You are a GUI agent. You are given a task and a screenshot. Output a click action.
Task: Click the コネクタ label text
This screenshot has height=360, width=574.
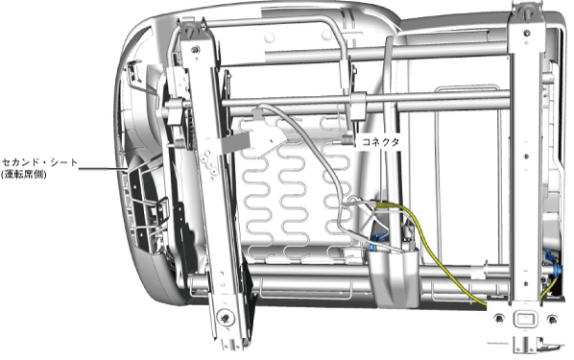pyautogui.click(x=380, y=142)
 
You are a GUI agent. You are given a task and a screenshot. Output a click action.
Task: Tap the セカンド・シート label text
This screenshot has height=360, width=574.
pyautogui.click(x=40, y=162)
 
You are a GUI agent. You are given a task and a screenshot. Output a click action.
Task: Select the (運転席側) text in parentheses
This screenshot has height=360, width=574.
pyautogui.click(x=24, y=175)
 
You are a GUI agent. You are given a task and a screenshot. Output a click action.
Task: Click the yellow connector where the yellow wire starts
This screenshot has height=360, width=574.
pyautogui.click(x=384, y=205)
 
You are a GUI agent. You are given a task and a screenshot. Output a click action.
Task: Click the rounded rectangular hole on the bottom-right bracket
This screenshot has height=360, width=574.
pyautogui.click(x=525, y=319)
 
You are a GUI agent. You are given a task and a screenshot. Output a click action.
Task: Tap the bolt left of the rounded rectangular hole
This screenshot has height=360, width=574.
pyautogui.click(x=498, y=319)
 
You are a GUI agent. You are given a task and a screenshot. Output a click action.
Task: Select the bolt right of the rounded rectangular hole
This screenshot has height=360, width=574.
pyautogui.click(x=552, y=320)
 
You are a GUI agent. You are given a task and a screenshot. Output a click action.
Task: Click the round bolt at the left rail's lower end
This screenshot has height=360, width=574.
pyautogui.click(x=225, y=317)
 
